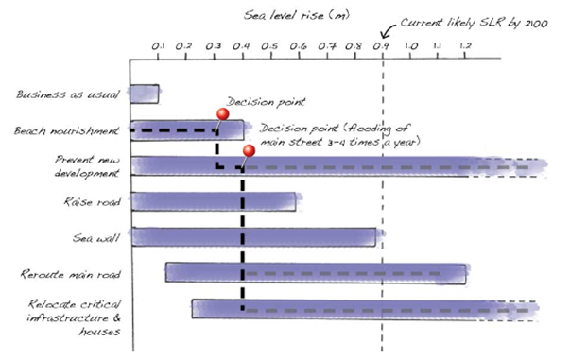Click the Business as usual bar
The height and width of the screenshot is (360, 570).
(x=145, y=94)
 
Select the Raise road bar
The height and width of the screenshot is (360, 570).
(x=214, y=201)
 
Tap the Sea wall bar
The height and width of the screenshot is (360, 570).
(x=253, y=237)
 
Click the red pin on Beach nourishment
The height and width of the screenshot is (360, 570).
(x=222, y=114)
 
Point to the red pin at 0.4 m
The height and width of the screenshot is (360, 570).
(x=249, y=151)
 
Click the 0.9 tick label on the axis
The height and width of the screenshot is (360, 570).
(x=382, y=46)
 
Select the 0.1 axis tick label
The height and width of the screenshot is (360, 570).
(x=158, y=46)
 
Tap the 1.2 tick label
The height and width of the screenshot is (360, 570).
(x=465, y=46)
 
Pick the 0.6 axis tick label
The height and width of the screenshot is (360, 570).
(x=298, y=46)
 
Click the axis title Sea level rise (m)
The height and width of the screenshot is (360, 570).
(x=297, y=16)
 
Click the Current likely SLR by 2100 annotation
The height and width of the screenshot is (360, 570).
(x=474, y=24)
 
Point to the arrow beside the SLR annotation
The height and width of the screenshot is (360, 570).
(x=388, y=32)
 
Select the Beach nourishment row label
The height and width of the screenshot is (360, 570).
(x=66, y=130)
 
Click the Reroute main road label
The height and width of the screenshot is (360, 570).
(x=70, y=274)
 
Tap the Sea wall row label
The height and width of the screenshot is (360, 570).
(x=96, y=238)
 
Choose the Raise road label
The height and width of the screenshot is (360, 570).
(x=92, y=201)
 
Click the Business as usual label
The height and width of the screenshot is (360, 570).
(x=68, y=94)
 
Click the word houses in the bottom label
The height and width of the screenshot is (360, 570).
(x=100, y=332)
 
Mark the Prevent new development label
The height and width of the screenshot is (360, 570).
(x=87, y=166)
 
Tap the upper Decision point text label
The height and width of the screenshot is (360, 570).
(x=266, y=102)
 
